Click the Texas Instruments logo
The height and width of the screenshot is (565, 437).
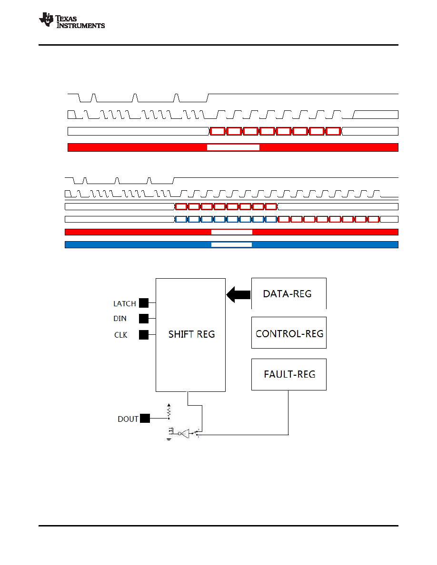(72, 20)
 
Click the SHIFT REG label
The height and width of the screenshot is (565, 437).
(191, 334)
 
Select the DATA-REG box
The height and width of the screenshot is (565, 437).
(289, 293)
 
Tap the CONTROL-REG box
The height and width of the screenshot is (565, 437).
(289, 332)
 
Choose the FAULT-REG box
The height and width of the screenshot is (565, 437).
(289, 374)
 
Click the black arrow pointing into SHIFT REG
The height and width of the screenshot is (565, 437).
(238, 294)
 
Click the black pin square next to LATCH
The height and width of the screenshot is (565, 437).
(144, 303)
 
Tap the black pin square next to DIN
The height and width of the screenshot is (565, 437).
(144, 319)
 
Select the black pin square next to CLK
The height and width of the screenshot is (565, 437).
(144, 335)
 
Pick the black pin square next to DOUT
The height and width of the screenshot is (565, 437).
(145, 419)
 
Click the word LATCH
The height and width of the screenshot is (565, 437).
(125, 304)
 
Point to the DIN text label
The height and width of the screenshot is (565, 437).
(120, 319)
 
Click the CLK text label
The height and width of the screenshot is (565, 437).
(121, 335)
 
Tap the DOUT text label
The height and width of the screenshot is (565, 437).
(128, 419)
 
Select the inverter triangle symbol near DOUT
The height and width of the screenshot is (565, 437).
(184, 433)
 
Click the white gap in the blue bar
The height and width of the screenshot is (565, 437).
(231, 244)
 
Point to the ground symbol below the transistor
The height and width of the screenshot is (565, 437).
(169, 439)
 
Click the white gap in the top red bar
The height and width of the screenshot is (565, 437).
(233, 147)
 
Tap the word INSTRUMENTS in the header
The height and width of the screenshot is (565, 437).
(81, 26)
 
